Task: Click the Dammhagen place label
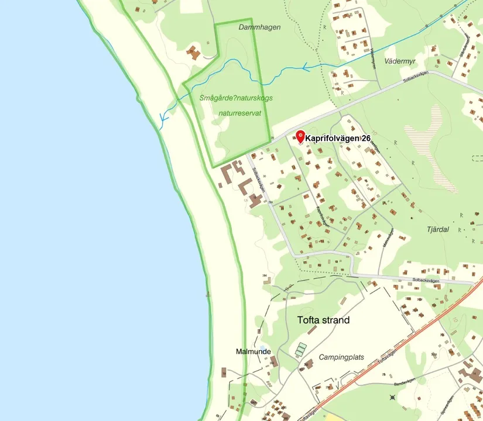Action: coord(259,27)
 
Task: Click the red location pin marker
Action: coord(300,137)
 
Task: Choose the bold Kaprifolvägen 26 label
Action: coord(338,139)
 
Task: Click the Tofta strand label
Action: coord(323,320)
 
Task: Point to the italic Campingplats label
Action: coord(341,357)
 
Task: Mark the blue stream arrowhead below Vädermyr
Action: coord(306,68)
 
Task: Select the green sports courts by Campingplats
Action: coord(300,350)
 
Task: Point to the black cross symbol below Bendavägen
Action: coord(392,398)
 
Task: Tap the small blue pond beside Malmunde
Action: coord(263,347)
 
